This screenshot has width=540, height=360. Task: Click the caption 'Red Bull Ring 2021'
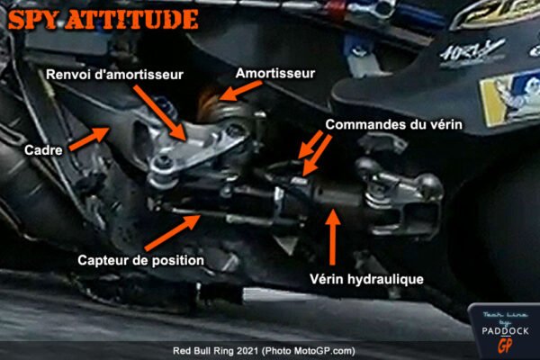point(217,351)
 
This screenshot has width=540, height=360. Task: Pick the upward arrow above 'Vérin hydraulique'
point(335,235)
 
